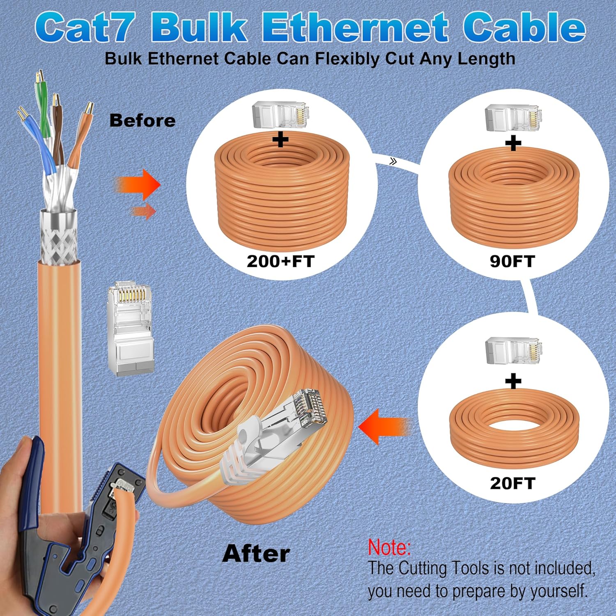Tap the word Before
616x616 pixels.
pyautogui.click(x=142, y=121)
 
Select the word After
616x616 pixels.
pyautogui.click(x=256, y=554)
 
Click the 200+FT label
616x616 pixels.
pyautogui.click(x=280, y=261)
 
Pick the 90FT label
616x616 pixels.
pyautogui.click(x=512, y=261)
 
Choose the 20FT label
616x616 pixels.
pyautogui.click(x=512, y=483)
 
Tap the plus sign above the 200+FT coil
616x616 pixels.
pyautogui.click(x=280, y=140)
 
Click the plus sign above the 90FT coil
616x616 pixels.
pyautogui.click(x=513, y=143)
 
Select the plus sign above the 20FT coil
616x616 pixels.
pyautogui.click(x=513, y=381)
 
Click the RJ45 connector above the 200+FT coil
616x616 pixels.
pyautogui.click(x=280, y=115)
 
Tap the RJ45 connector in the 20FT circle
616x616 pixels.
pyautogui.click(x=513, y=351)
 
